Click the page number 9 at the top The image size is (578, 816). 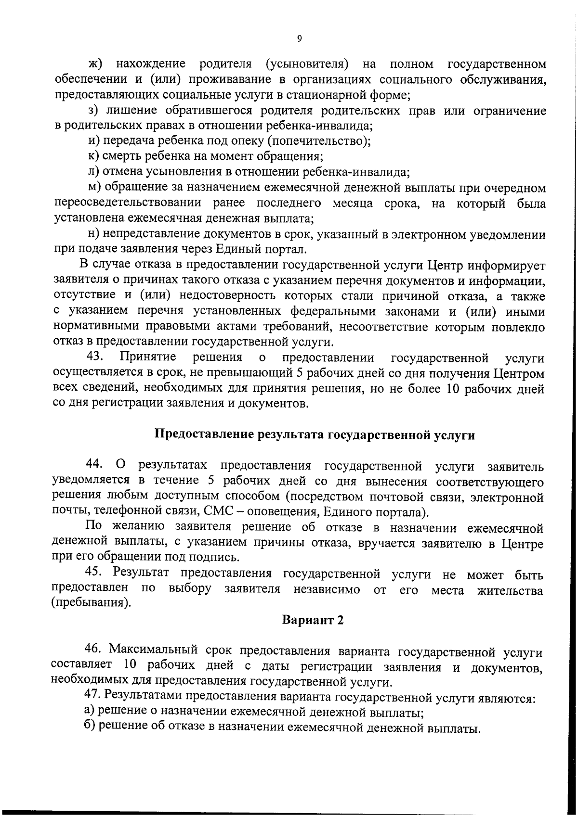tap(299, 39)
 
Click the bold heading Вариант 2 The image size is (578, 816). tap(313, 620)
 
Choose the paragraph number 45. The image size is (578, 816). tap(94, 572)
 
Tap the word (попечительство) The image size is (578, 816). tap(319, 141)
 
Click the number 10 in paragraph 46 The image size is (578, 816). tap(131, 666)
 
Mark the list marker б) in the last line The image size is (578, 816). tap(90, 726)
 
